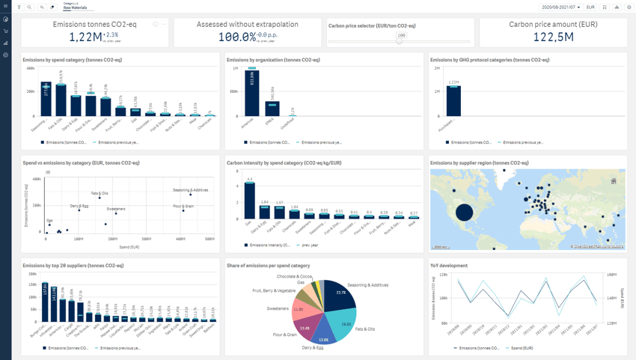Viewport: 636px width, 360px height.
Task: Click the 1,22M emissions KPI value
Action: tap(85, 37)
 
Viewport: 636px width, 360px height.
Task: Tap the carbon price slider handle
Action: tap(400, 41)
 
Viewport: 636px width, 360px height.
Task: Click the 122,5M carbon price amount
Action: tap(553, 37)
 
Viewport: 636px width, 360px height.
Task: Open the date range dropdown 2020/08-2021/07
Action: tap(560, 7)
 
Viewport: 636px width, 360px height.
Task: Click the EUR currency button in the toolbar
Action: tap(590, 7)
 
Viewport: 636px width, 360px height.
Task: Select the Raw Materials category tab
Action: tap(75, 8)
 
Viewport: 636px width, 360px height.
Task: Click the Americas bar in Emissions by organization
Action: tap(252, 94)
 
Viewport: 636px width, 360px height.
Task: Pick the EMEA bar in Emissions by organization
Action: tap(272, 109)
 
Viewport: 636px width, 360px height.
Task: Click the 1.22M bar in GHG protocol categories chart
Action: tap(453, 101)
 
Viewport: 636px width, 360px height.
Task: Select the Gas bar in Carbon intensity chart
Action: tap(250, 200)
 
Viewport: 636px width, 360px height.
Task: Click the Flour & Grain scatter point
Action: tap(183, 210)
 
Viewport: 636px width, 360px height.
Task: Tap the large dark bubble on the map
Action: tap(464, 212)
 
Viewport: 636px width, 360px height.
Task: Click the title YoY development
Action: tap(449, 266)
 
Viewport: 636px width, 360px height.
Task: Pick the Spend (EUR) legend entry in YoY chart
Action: tap(521, 348)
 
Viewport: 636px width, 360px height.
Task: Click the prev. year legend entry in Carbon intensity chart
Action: tap(308, 245)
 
